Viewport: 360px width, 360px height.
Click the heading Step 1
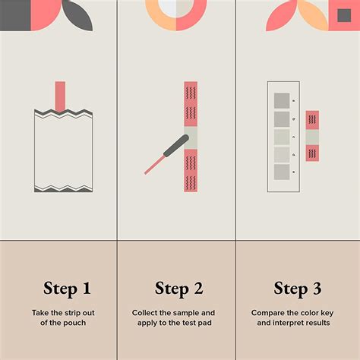67,289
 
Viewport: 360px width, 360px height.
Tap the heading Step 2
179,289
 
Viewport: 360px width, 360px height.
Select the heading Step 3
298,289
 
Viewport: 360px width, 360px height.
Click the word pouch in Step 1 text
74,323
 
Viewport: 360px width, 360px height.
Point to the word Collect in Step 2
144,313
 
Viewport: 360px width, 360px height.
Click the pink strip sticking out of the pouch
60,96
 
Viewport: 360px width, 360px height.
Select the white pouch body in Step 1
63,151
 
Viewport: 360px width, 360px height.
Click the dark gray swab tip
176,146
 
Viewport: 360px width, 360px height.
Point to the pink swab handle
155,165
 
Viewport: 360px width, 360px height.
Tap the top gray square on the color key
282,101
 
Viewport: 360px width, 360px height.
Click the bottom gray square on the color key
282,172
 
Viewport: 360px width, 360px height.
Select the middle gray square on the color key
282,137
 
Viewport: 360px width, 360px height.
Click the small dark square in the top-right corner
344,15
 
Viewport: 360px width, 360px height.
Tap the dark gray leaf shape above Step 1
77,15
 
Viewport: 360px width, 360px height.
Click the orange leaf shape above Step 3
313,14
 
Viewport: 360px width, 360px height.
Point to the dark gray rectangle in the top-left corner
15,15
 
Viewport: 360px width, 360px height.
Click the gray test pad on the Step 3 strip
312,137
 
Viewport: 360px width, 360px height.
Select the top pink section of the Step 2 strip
191,104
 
